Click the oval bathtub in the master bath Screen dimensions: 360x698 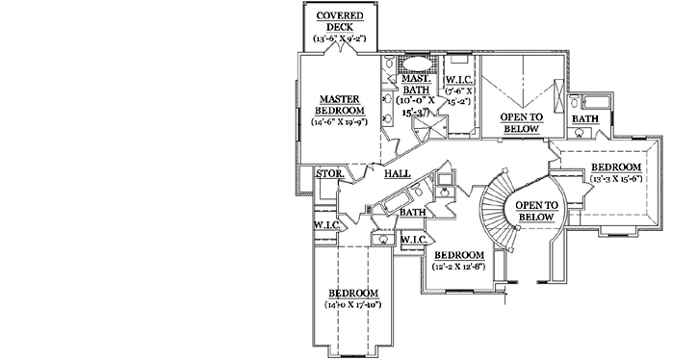[417, 67]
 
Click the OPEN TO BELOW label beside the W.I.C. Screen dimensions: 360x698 [522, 122]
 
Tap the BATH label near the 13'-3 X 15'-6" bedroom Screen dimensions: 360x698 [584, 118]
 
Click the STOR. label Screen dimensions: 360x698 [328, 174]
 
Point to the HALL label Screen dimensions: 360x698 [398, 174]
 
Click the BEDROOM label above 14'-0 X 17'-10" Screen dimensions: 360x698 [352, 293]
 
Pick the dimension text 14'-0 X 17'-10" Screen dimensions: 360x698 [352, 305]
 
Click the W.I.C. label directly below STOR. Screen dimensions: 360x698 [324, 225]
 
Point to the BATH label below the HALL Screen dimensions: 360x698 [413, 213]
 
